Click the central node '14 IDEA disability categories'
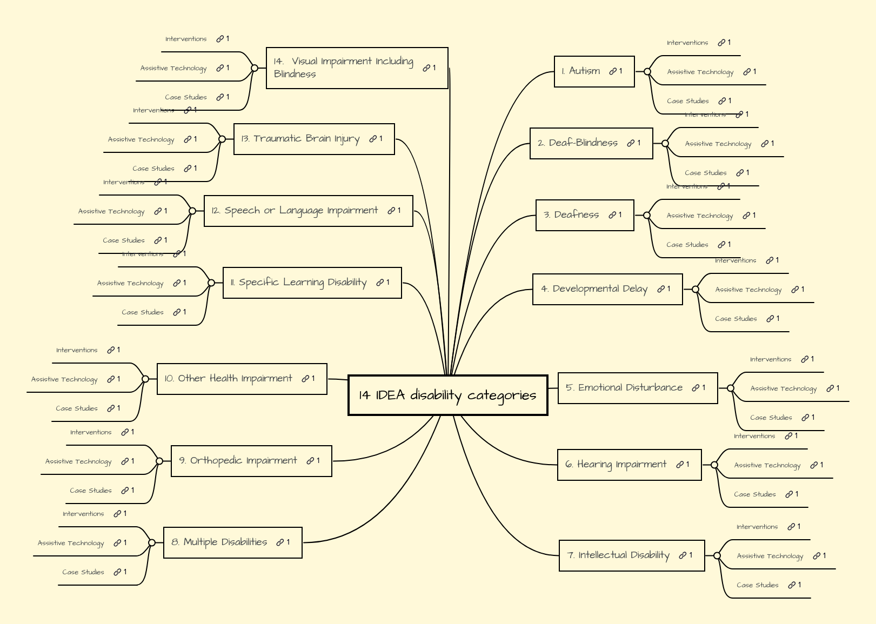(447, 395)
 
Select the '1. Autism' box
(584, 71)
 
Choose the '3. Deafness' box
(576, 215)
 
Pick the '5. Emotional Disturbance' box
(624, 388)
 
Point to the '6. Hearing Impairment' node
(616, 465)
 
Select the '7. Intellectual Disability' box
(618, 555)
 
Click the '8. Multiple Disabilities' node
(219, 542)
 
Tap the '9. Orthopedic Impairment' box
(238, 461)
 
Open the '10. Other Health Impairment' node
(229, 379)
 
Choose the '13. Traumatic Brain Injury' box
(300, 139)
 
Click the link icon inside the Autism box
(613, 71)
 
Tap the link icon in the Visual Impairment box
(426, 68)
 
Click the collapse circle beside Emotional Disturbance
(731, 388)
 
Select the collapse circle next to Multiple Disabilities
(152, 542)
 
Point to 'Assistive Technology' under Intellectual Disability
(770, 556)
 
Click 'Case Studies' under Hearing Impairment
(754, 494)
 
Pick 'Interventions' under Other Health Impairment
(77, 350)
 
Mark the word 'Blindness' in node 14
(295, 75)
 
